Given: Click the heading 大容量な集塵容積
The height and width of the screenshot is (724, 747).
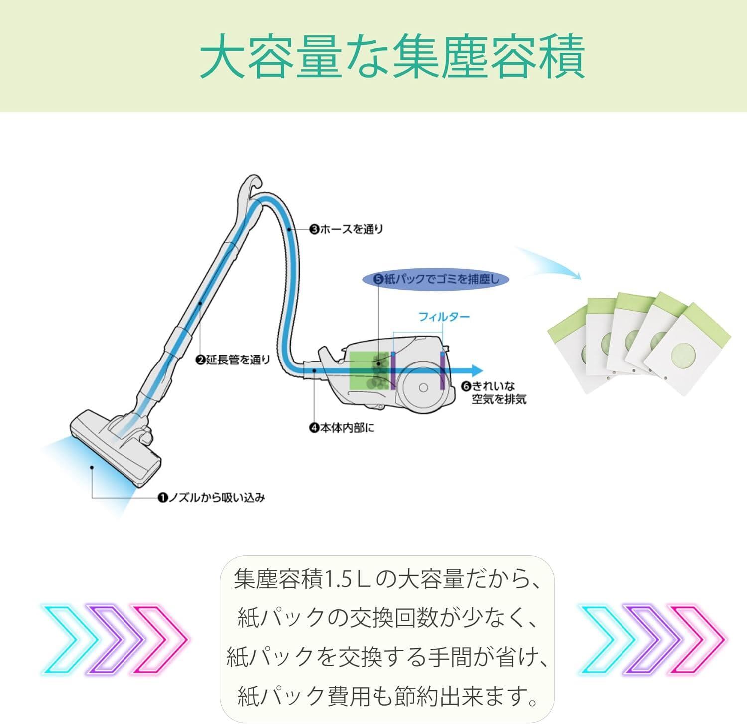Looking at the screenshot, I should tap(392, 56).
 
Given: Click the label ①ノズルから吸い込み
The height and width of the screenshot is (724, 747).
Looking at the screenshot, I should tap(211, 497).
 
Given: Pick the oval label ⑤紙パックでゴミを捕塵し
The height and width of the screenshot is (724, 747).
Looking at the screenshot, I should tap(436, 279).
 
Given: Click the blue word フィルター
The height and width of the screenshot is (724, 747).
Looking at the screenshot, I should tap(444, 317).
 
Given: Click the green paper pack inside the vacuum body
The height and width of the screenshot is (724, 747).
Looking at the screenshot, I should tap(370, 370).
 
